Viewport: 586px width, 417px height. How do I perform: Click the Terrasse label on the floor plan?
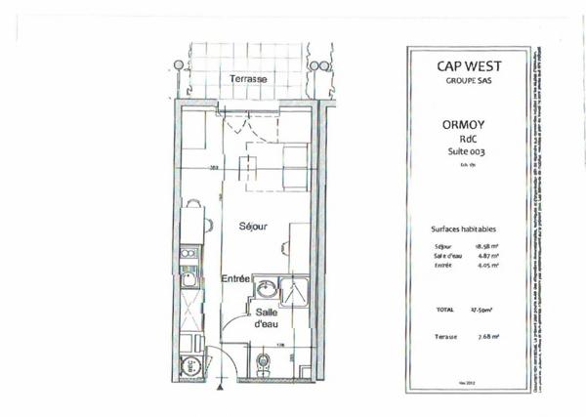249,78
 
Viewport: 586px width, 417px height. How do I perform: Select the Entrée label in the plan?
236,279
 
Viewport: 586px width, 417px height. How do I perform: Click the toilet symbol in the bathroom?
261,363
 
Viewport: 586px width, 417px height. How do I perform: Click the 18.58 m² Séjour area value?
487,246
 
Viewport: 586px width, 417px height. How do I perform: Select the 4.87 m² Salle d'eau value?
487,256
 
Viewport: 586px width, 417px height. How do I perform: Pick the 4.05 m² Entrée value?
487,266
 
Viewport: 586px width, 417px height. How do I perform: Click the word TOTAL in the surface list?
445,309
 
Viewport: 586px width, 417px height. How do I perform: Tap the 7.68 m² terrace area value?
487,336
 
